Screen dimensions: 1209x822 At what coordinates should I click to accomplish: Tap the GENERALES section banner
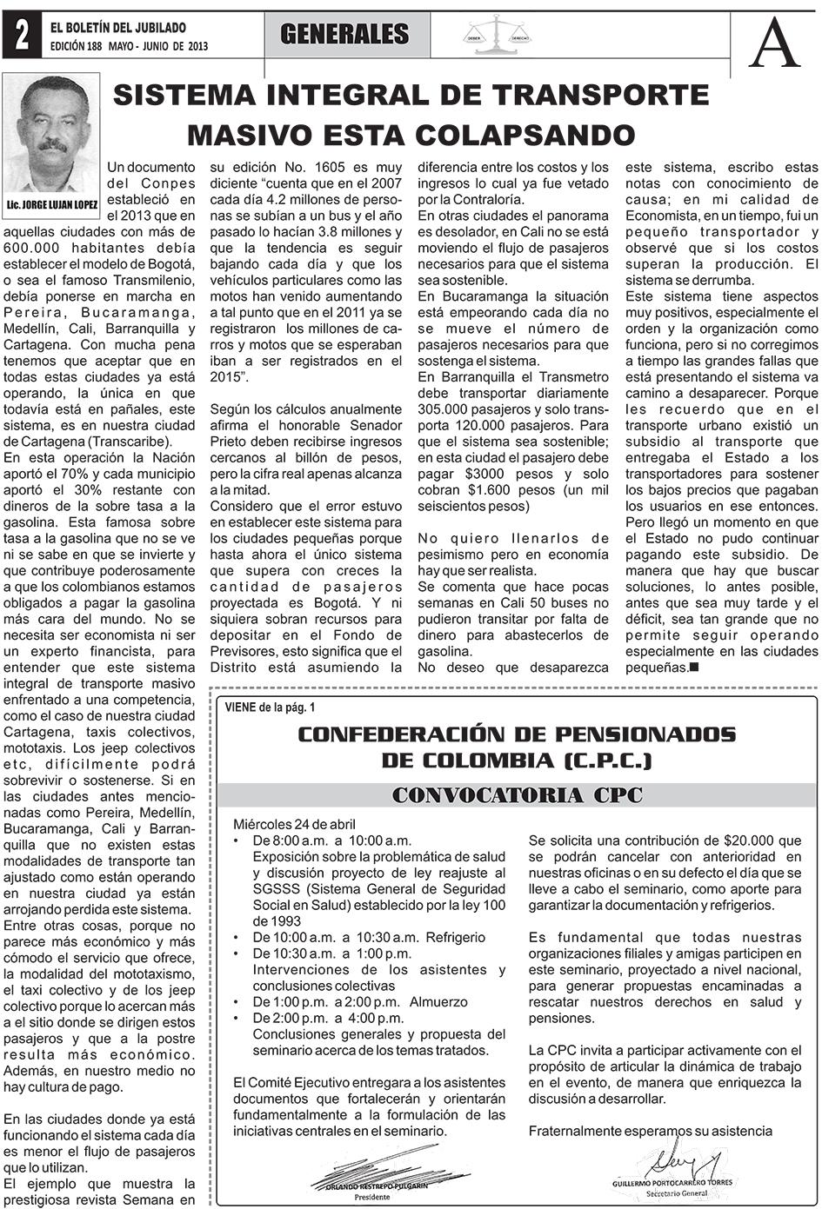point(344,35)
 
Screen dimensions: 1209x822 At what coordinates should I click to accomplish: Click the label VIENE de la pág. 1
point(270,707)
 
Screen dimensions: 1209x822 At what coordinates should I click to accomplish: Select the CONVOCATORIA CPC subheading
point(517,794)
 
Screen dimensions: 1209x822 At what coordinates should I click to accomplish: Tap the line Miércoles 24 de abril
point(295,824)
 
